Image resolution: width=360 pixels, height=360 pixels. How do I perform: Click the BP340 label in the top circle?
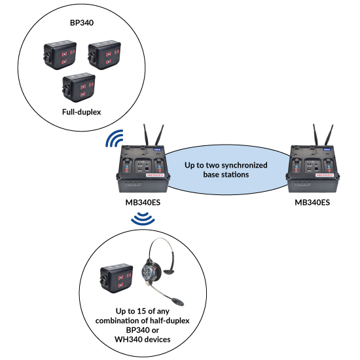[x=82, y=23]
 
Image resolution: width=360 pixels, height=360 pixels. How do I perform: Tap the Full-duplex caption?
[x=82, y=112]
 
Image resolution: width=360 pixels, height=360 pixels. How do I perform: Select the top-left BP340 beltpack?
[x=60, y=54]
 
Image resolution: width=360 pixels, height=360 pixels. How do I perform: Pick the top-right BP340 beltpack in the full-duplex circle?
[x=104, y=54]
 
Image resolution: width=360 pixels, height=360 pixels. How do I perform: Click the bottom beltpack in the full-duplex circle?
[x=79, y=87]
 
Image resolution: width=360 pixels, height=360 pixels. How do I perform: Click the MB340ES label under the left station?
[x=143, y=202]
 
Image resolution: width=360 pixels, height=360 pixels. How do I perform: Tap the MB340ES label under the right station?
[x=312, y=202]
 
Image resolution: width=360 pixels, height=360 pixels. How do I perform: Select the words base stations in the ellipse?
[x=226, y=175]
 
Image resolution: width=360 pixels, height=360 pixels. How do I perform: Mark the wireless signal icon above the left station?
[x=115, y=139]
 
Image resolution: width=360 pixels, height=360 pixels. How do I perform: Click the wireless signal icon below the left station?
[x=143, y=219]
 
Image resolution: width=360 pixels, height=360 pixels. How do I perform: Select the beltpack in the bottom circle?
[x=117, y=278]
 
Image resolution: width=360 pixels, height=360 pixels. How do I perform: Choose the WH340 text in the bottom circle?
[x=128, y=340]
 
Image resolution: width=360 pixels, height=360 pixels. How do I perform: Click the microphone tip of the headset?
[x=177, y=302]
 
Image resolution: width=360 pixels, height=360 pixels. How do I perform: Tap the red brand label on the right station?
[x=325, y=175]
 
